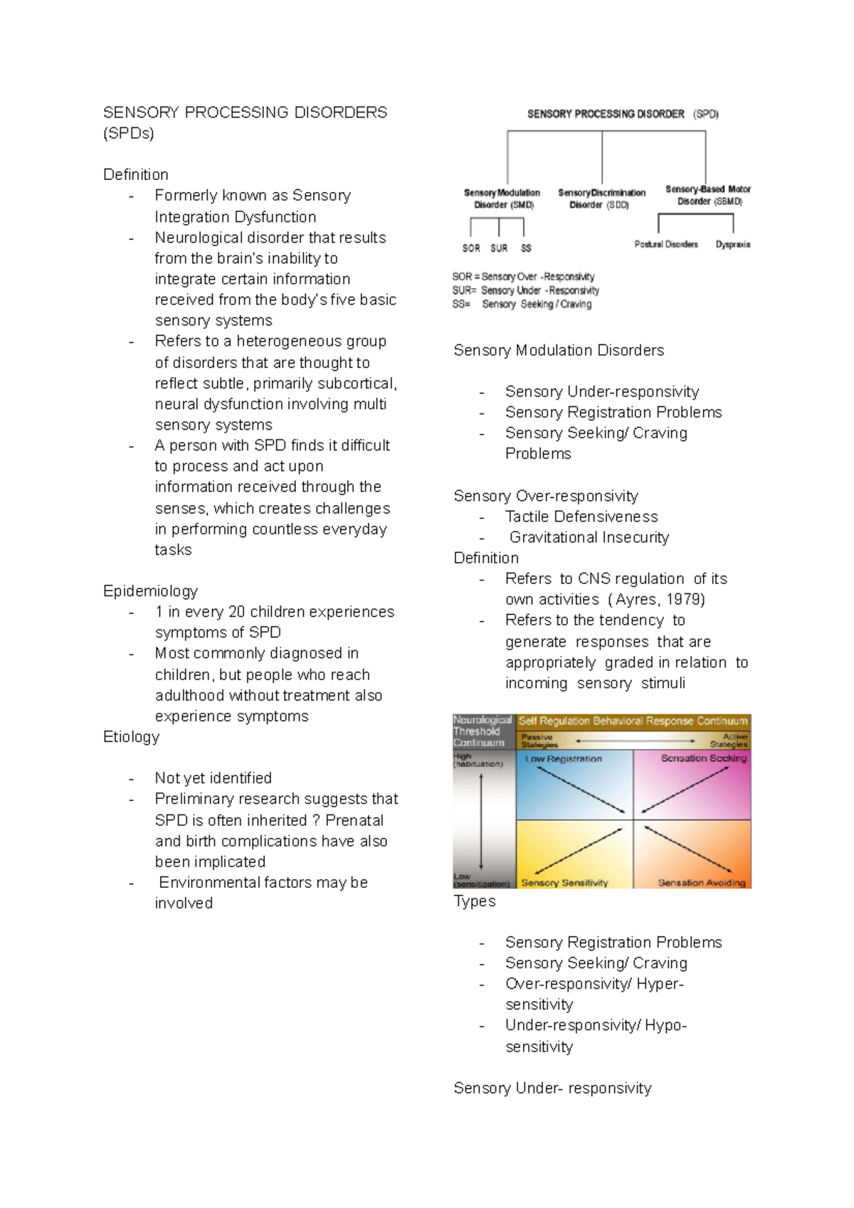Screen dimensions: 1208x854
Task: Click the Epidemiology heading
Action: click(150, 591)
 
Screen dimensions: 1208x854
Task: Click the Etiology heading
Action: click(131, 737)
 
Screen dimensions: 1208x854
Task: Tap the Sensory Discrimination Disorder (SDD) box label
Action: click(601, 198)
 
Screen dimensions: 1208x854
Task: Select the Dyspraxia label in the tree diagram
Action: click(732, 244)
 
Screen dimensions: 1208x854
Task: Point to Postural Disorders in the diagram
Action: click(665, 244)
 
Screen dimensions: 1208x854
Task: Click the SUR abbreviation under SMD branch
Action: click(499, 248)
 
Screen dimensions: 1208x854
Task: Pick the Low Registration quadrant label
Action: click(563, 759)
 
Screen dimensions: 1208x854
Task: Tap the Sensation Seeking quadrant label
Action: click(703, 758)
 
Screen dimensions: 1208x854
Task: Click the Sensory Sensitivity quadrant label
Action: click(564, 883)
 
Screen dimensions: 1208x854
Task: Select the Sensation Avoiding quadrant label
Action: click(701, 883)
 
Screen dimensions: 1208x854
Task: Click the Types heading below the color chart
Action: click(474, 901)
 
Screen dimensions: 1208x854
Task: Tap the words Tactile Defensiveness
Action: click(581, 516)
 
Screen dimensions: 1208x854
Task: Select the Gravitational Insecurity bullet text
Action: click(589, 538)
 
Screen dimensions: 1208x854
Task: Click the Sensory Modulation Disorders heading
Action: click(558, 350)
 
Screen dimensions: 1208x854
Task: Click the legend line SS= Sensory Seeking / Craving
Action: click(522, 304)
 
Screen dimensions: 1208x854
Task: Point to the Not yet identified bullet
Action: click(213, 778)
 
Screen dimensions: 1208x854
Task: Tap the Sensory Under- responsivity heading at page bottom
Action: click(552, 1088)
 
